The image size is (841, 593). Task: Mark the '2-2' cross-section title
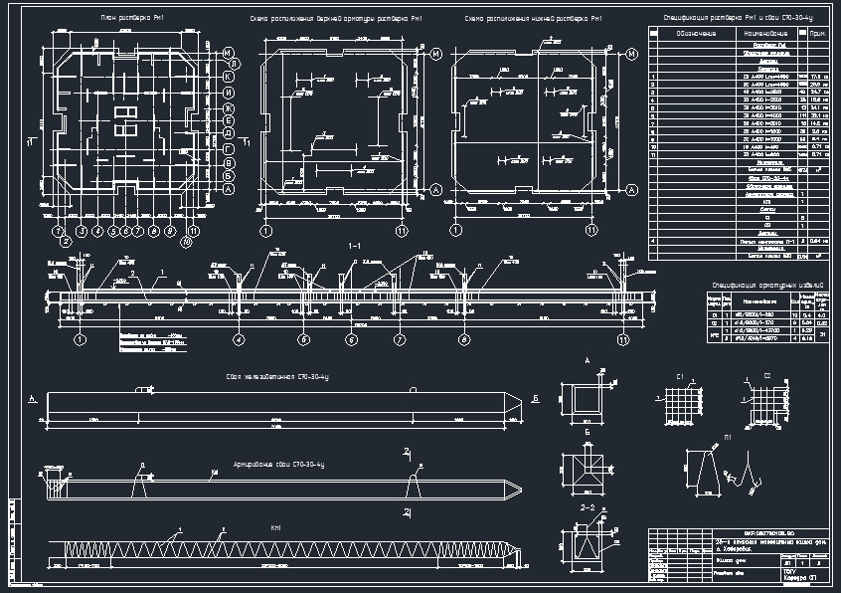click(588, 508)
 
